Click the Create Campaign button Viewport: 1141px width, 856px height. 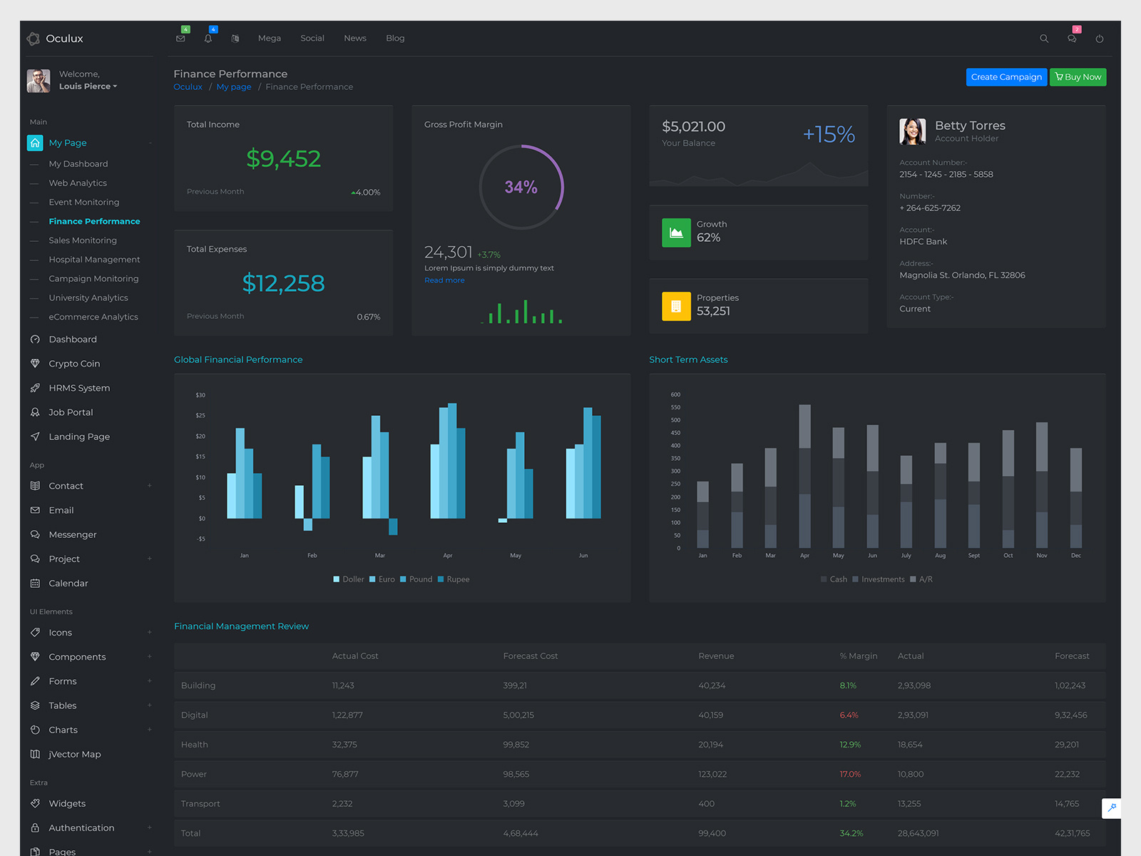(1006, 77)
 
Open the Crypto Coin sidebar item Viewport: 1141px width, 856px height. (74, 364)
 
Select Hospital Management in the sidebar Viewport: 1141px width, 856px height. (94, 260)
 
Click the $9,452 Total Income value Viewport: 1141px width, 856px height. (283, 158)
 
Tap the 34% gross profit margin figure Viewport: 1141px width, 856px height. (521, 187)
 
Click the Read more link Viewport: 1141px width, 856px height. (444, 280)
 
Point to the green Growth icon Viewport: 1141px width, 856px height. (676, 233)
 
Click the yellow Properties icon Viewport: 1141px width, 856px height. (676, 307)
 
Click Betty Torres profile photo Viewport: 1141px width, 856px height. (912, 131)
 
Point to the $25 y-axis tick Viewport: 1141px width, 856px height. (200, 415)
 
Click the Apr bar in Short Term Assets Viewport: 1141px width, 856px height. (804, 476)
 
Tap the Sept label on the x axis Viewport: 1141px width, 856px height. (973, 556)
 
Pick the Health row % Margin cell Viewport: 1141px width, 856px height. (850, 745)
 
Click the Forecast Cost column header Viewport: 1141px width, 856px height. (530, 656)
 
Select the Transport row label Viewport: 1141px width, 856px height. (200, 804)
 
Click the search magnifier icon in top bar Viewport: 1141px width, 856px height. (1043, 39)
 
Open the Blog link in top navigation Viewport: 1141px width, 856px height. (395, 39)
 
